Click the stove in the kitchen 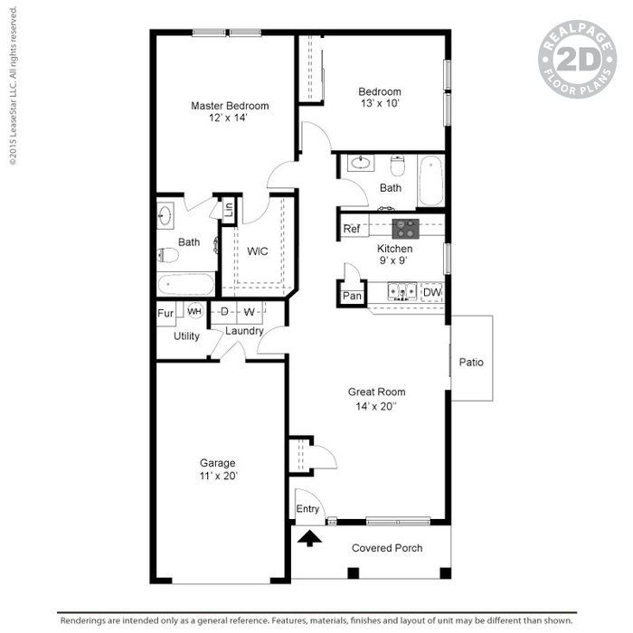click(406, 229)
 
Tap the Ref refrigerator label click(351, 229)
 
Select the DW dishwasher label click(432, 292)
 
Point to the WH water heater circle click(194, 311)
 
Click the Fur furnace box click(165, 314)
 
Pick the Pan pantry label click(352, 296)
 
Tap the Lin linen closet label click(229, 209)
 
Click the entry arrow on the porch click(309, 539)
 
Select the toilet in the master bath click(167, 255)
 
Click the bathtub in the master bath click(185, 285)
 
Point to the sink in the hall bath click(360, 163)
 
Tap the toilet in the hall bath click(398, 165)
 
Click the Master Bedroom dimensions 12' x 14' click(228, 118)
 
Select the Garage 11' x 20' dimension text click(219, 476)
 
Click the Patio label click(471, 362)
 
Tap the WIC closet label click(258, 251)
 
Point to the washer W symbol click(250, 312)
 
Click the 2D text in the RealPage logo click(579, 60)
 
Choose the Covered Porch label click(387, 548)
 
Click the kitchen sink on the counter click(402, 291)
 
